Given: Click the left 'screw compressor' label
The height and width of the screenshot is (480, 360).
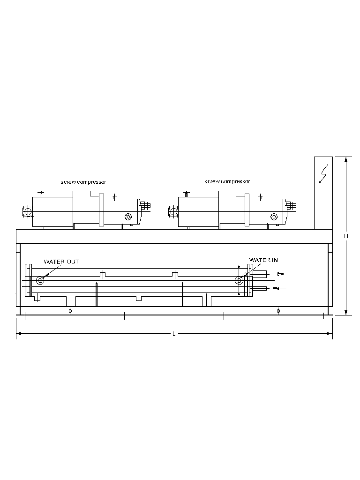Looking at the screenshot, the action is coord(83,182).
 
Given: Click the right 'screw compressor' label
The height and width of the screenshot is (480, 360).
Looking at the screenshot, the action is coord(227,181).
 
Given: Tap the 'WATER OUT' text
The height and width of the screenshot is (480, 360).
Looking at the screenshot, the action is coord(61,262).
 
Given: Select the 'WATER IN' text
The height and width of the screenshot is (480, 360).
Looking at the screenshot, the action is coord(263,260).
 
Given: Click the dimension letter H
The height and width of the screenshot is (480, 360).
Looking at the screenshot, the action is coord(346,236).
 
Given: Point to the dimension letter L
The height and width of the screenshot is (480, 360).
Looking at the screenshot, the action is coord(174,333).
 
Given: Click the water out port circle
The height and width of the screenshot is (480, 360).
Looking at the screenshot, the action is coord(40,280).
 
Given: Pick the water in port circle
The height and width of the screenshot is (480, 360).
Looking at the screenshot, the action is coord(239,280).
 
